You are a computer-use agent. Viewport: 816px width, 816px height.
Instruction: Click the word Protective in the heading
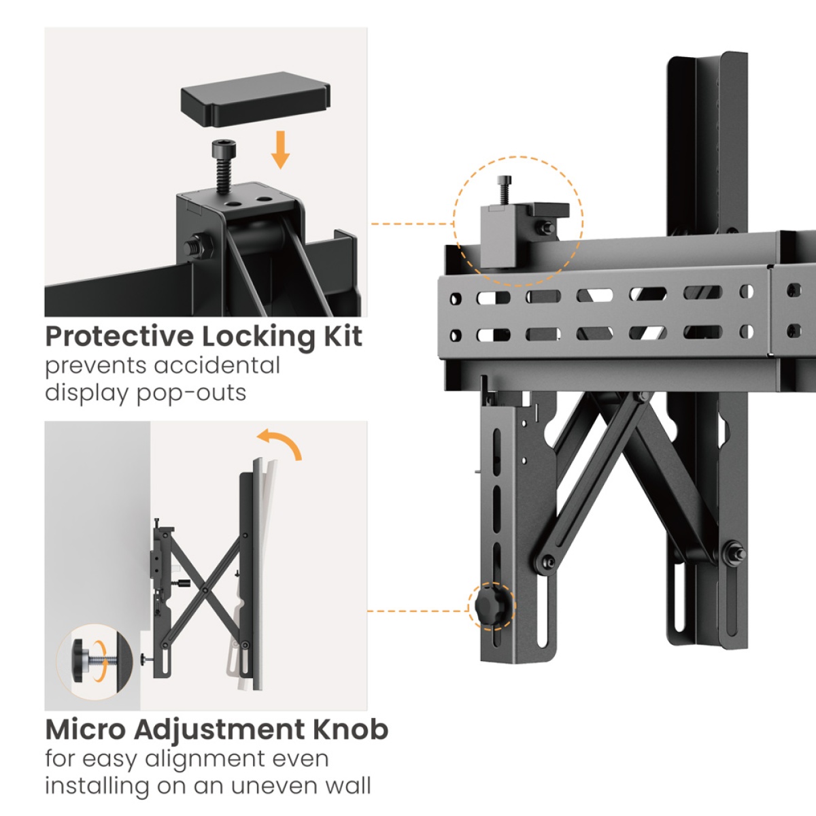pos(119,337)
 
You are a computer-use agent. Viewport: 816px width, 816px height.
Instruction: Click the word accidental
pos(217,366)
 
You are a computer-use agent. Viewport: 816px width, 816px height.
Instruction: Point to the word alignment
pos(209,758)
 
